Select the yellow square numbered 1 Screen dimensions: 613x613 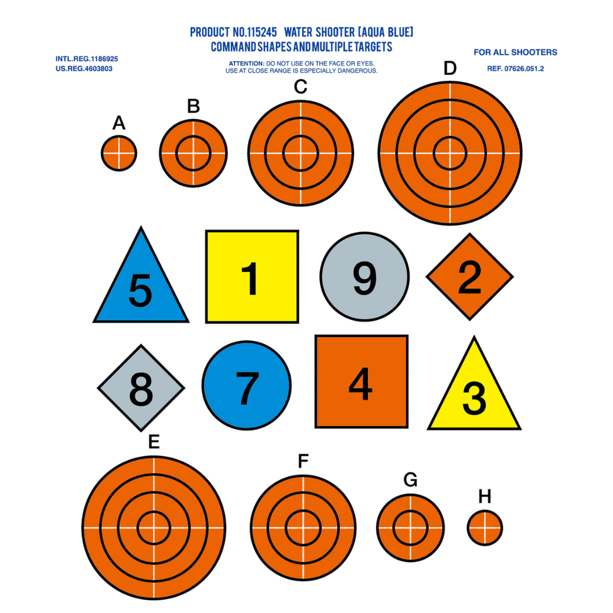click(x=252, y=277)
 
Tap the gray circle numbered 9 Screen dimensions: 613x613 click(x=365, y=277)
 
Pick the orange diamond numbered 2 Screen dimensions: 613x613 click(x=469, y=277)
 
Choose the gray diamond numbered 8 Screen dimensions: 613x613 click(x=141, y=388)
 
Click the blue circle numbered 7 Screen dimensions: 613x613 click(x=247, y=385)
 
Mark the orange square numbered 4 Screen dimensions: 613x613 click(x=362, y=381)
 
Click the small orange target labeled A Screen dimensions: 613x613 click(x=119, y=153)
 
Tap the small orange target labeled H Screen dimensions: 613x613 click(x=485, y=528)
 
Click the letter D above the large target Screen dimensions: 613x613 click(x=450, y=69)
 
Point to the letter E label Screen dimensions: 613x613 click(x=154, y=442)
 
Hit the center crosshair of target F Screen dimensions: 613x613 click(x=303, y=528)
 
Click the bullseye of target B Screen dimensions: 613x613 click(x=193, y=153)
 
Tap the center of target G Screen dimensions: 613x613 click(x=410, y=528)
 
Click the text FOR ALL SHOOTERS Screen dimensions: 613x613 click(x=515, y=52)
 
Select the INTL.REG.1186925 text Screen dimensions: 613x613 click(x=87, y=59)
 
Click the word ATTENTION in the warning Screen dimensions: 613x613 click(x=246, y=64)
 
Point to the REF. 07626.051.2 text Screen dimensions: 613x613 click(x=515, y=69)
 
